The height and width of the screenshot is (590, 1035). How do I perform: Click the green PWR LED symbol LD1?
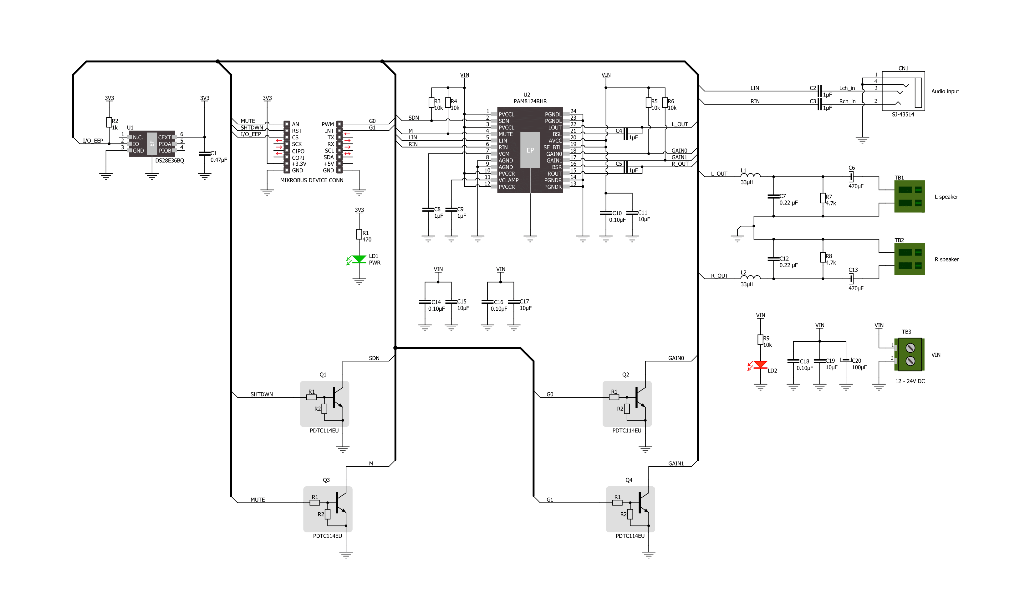pos(359,259)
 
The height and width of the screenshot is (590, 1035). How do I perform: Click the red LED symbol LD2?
pos(760,365)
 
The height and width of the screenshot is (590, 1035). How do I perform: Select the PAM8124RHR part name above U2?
pos(530,101)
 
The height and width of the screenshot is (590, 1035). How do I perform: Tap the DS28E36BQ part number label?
pos(170,160)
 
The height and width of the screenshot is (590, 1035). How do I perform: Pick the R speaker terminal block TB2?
pos(910,259)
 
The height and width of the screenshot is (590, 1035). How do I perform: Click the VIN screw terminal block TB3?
pos(909,355)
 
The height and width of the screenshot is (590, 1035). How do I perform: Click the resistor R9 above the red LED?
pos(761,339)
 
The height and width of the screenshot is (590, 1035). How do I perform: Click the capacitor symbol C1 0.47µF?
pos(204,153)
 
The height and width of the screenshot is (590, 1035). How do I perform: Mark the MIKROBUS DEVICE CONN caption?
pos(312,180)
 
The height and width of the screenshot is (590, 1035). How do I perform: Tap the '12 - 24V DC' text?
pos(910,381)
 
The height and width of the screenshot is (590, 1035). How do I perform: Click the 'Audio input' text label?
pos(945,91)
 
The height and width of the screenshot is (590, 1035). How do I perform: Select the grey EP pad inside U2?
pos(530,150)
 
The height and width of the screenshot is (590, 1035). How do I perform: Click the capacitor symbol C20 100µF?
pos(846,360)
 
